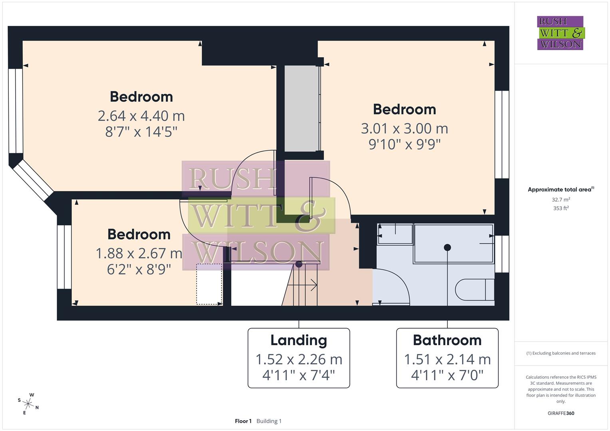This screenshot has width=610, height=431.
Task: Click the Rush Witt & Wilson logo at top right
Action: (x=560, y=33)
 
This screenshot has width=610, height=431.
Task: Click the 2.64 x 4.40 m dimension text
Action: (x=141, y=116)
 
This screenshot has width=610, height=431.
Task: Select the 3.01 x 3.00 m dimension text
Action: (x=404, y=129)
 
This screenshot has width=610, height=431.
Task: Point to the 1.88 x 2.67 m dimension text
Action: (x=139, y=253)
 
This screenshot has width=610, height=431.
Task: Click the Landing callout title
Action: (x=298, y=340)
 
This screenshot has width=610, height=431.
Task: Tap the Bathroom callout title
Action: (x=447, y=340)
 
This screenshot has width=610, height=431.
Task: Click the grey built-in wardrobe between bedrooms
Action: (x=302, y=109)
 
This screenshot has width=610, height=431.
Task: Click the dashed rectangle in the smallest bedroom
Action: (x=209, y=284)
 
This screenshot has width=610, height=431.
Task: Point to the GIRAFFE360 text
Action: (x=560, y=413)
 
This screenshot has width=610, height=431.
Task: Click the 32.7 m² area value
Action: (x=560, y=200)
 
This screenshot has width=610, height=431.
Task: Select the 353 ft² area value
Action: (x=560, y=208)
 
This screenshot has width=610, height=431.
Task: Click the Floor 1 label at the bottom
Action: (x=243, y=421)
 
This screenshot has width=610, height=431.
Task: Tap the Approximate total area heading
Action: (x=560, y=190)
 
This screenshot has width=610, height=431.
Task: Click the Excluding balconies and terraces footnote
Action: (x=560, y=353)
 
